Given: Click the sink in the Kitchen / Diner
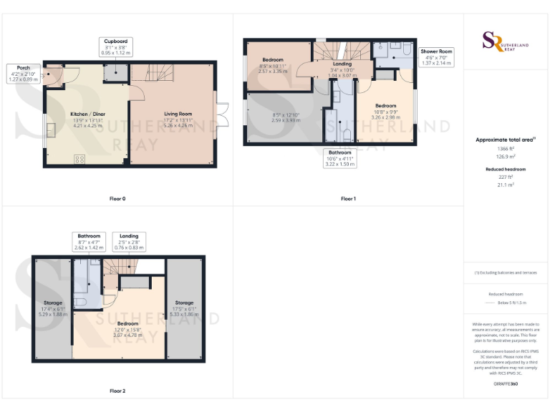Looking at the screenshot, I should pos(51,130).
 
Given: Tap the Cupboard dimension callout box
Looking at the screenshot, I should pos(113,47).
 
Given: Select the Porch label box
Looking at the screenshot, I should pos(19,73).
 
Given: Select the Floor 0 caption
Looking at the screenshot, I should pos(117,198).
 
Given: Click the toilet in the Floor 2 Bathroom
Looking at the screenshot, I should pos(80,302).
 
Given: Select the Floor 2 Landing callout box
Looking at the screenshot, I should pos(129,242).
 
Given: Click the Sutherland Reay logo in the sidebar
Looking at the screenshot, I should pos(506,42).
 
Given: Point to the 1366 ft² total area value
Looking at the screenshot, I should pos(506,147).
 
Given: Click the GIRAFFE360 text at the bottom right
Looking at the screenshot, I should pos(506,385).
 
